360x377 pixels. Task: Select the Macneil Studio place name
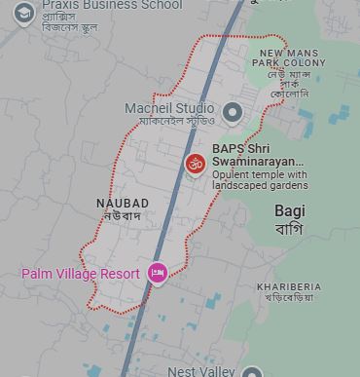168,107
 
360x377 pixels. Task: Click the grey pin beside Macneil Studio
232,112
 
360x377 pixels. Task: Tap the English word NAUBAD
123,202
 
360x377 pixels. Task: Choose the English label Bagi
289,210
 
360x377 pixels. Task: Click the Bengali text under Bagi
289,230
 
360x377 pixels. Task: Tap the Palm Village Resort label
81,274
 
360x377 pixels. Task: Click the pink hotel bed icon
156,274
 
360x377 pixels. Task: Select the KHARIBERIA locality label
289,286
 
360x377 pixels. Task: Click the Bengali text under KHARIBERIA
289,298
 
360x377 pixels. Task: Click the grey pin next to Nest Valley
251,372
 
